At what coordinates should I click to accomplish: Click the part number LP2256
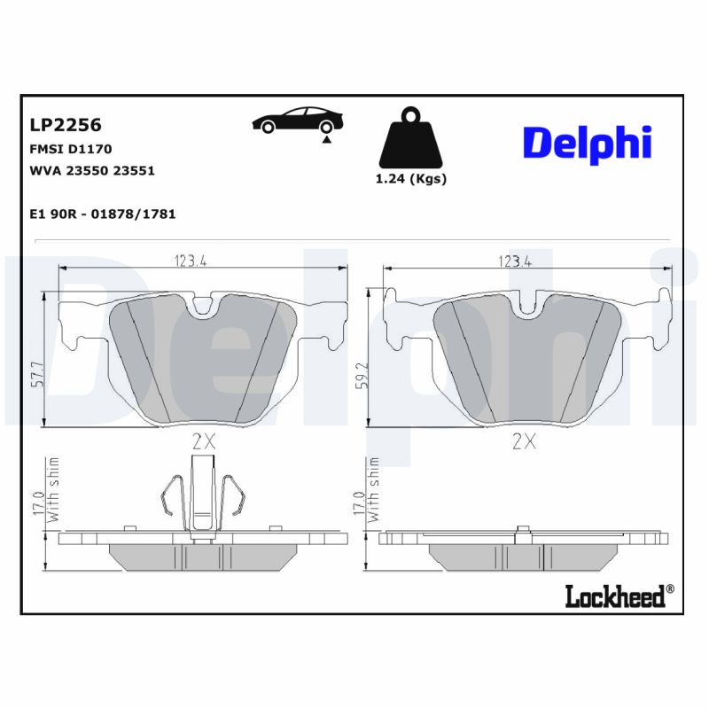click(66, 125)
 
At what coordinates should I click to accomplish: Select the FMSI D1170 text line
click(71, 149)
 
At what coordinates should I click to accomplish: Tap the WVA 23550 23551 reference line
click(92, 170)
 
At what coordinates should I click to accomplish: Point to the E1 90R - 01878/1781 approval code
click(102, 214)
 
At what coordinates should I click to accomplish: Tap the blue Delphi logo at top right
click(587, 142)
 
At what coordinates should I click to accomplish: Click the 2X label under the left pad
click(203, 442)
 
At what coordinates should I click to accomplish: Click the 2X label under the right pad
click(524, 442)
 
